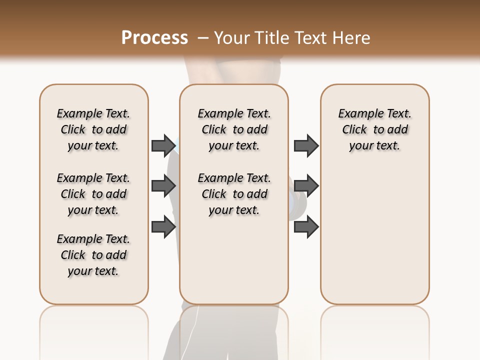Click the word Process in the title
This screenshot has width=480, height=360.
pos(154,37)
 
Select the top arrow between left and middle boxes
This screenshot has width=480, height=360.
pos(163,145)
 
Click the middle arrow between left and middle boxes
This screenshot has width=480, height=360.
pos(163,186)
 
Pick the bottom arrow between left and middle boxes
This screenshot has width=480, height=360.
pos(163,226)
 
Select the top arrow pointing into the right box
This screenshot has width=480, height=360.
pos(306,145)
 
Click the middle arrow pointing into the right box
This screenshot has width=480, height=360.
pos(306,186)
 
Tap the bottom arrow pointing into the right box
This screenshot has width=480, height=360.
pos(306,226)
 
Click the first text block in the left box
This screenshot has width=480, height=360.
pos(93,129)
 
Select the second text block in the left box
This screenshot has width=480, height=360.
pos(93,194)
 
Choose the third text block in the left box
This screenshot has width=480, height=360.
pos(93,255)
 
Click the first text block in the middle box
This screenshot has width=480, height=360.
pos(234,129)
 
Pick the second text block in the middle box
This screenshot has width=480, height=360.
pos(234,194)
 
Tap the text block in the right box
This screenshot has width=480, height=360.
pos(375,129)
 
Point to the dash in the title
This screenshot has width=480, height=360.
pos(203,37)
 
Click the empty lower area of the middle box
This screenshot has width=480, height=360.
pos(234,260)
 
